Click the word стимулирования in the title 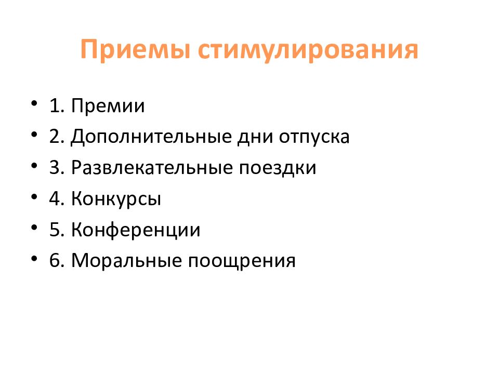308,50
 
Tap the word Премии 108,106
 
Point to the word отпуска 314,138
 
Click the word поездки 278,168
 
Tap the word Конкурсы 116,199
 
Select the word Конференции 136,230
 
